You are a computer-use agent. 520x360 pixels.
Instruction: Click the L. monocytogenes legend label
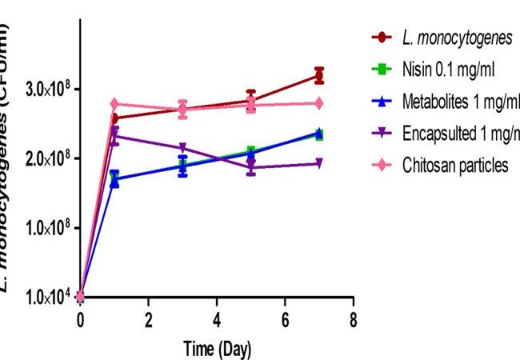tap(454, 37)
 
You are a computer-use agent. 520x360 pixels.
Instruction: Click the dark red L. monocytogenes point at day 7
tap(319, 76)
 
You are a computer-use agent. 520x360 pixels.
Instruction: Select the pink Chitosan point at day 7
tap(319, 103)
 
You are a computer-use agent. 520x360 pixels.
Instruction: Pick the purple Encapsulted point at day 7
tap(319, 163)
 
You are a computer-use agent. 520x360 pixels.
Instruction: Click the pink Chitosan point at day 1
tap(114, 104)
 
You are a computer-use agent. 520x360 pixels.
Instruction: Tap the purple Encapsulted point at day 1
tap(114, 137)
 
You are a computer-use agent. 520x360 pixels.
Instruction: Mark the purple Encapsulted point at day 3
tap(183, 148)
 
